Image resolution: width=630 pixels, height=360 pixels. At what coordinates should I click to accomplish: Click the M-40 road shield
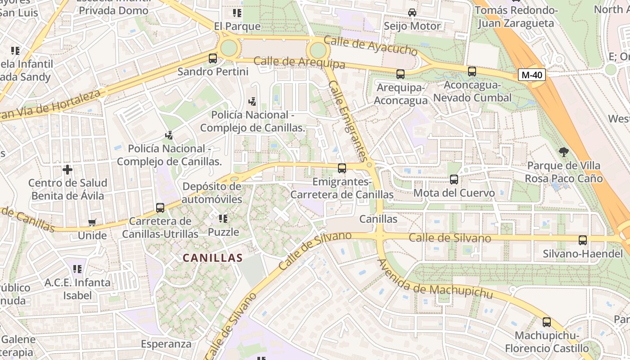[x=531, y=75]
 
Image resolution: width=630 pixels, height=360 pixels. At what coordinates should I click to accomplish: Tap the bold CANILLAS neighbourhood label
[x=212, y=258]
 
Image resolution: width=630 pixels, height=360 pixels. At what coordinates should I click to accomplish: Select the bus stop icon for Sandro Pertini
[x=213, y=58]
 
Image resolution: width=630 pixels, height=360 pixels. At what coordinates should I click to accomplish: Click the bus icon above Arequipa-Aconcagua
[x=400, y=74]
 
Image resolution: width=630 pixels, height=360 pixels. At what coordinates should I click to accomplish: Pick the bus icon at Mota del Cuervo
[x=454, y=180]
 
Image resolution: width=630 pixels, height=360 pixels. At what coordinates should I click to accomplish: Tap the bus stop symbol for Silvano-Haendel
[x=582, y=240]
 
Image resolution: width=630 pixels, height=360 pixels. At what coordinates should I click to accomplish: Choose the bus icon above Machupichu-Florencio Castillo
[x=547, y=322]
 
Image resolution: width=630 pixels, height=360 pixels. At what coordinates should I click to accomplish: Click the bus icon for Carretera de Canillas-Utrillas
[x=160, y=208]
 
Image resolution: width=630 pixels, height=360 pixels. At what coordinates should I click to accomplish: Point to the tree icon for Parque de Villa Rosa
[x=563, y=152]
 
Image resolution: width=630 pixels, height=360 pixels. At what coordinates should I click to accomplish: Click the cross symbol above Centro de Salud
[x=67, y=170]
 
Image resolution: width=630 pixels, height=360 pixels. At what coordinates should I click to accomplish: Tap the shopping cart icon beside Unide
[x=92, y=222]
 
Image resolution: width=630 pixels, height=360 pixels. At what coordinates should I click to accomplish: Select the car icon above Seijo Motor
[x=412, y=13]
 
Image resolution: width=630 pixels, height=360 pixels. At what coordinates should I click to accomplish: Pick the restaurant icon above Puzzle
[x=223, y=219]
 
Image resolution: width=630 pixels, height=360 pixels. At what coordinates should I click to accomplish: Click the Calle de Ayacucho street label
[x=371, y=46]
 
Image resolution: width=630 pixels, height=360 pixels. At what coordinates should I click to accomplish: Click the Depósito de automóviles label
[x=212, y=193]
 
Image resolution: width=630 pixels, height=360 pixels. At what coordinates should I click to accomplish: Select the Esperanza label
[x=166, y=344]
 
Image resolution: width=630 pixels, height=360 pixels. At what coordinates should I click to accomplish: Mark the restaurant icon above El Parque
[x=237, y=13]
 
